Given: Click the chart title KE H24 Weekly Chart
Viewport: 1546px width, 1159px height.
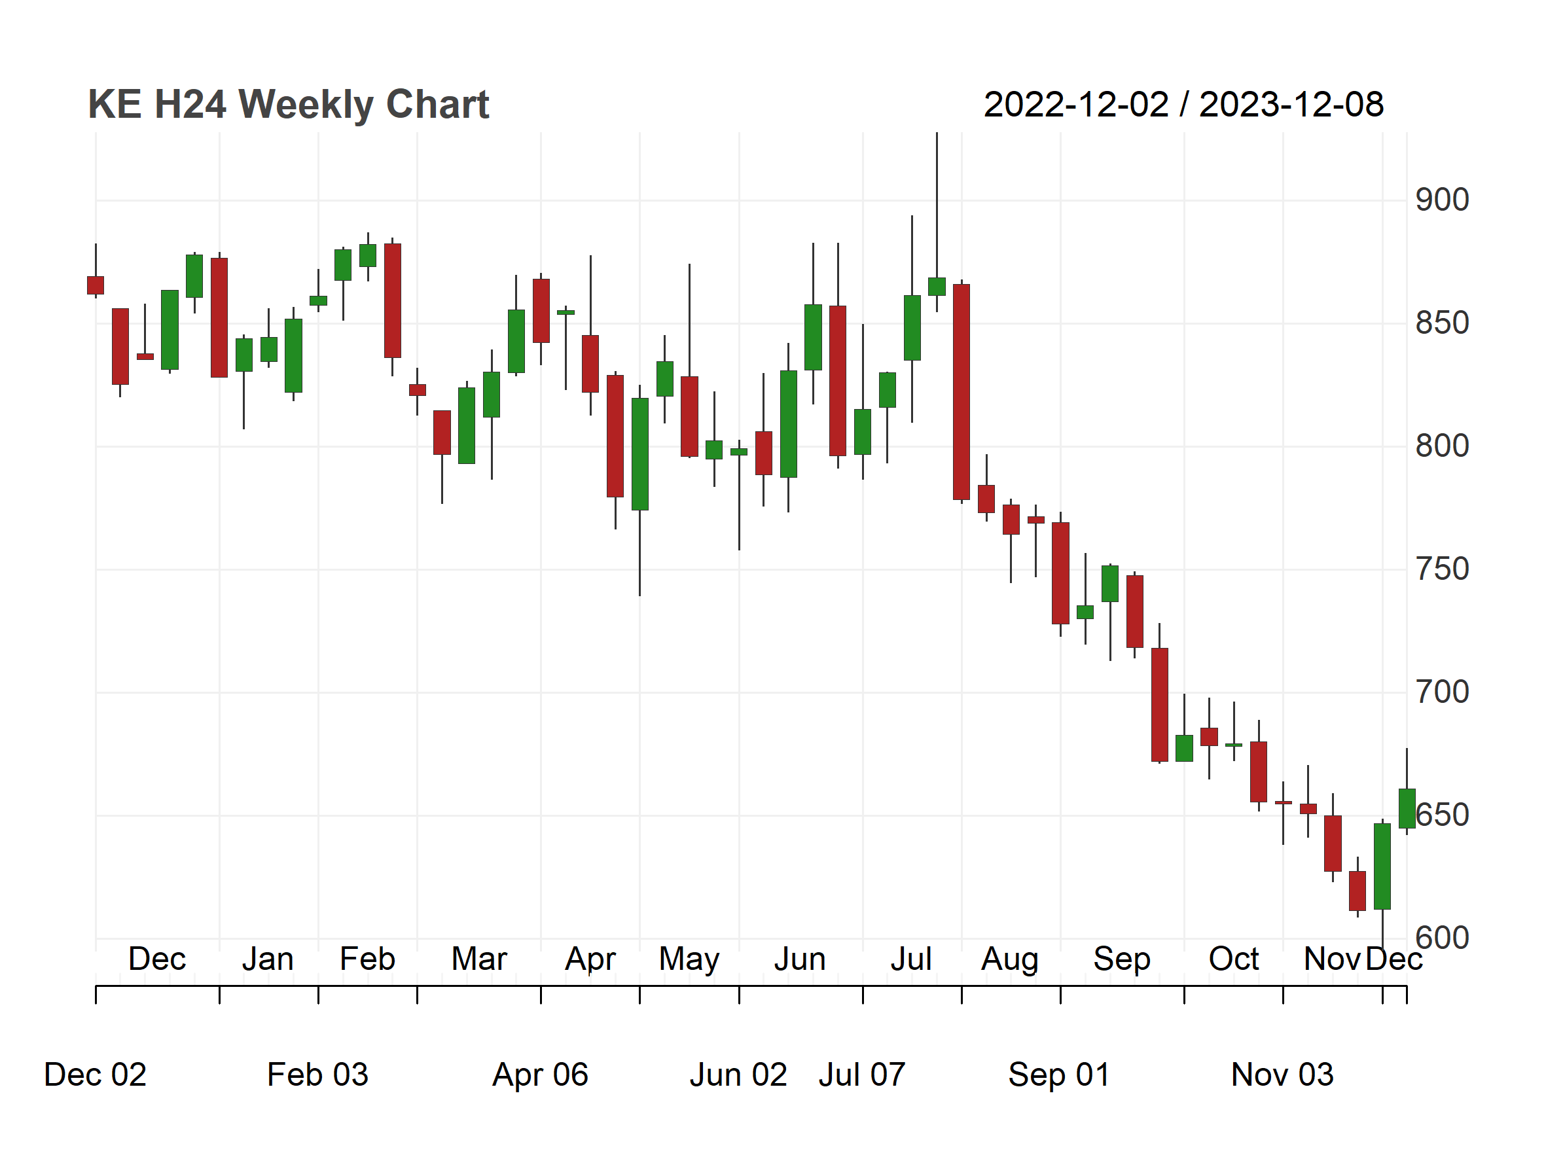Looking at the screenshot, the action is tap(288, 105).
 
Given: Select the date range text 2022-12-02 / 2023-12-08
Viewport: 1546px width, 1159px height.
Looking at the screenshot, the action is tap(1183, 105).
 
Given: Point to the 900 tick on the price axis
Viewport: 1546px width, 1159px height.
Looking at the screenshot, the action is tap(1442, 200).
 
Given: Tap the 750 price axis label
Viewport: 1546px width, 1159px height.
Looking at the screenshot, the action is tap(1442, 569).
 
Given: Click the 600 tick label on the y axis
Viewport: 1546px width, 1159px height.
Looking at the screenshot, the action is tap(1442, 938).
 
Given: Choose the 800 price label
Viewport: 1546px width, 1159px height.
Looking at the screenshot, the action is tap(1442, 446).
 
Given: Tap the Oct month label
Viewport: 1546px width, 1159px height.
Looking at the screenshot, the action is tap(1234, 959).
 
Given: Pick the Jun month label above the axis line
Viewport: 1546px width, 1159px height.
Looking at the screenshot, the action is tap(800, 959).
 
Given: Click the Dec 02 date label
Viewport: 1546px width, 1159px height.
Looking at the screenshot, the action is tap(95, 1075).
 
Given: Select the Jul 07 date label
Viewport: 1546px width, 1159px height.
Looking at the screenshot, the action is tap(862, 1075).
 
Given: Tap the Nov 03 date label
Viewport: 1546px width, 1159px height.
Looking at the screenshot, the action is tap(1282, 1075).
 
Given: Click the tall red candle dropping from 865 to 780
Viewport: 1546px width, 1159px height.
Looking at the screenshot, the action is tap(962, 392).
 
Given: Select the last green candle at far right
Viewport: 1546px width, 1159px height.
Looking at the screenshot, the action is tap(1407, 808).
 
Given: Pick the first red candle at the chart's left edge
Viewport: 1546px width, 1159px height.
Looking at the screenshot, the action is tap(96, 285).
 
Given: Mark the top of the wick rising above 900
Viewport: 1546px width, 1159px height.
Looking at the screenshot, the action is tap(937, 133).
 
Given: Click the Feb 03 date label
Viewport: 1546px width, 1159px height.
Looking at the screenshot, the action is tap(317, 1075).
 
